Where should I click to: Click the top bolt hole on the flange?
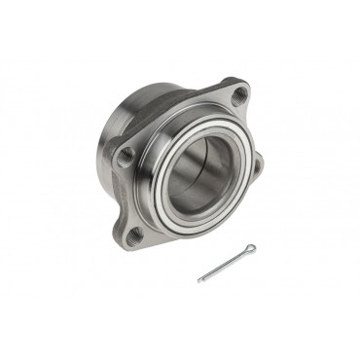[x=238, y=94]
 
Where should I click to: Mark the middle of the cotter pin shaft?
[x=225, y=265]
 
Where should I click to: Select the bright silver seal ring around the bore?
[x=169, y=190]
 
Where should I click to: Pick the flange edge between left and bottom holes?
[x=115, y=195]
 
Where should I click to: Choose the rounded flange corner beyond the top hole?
[x=246, y=83]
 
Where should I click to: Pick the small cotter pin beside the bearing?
[x=227, y=264]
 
